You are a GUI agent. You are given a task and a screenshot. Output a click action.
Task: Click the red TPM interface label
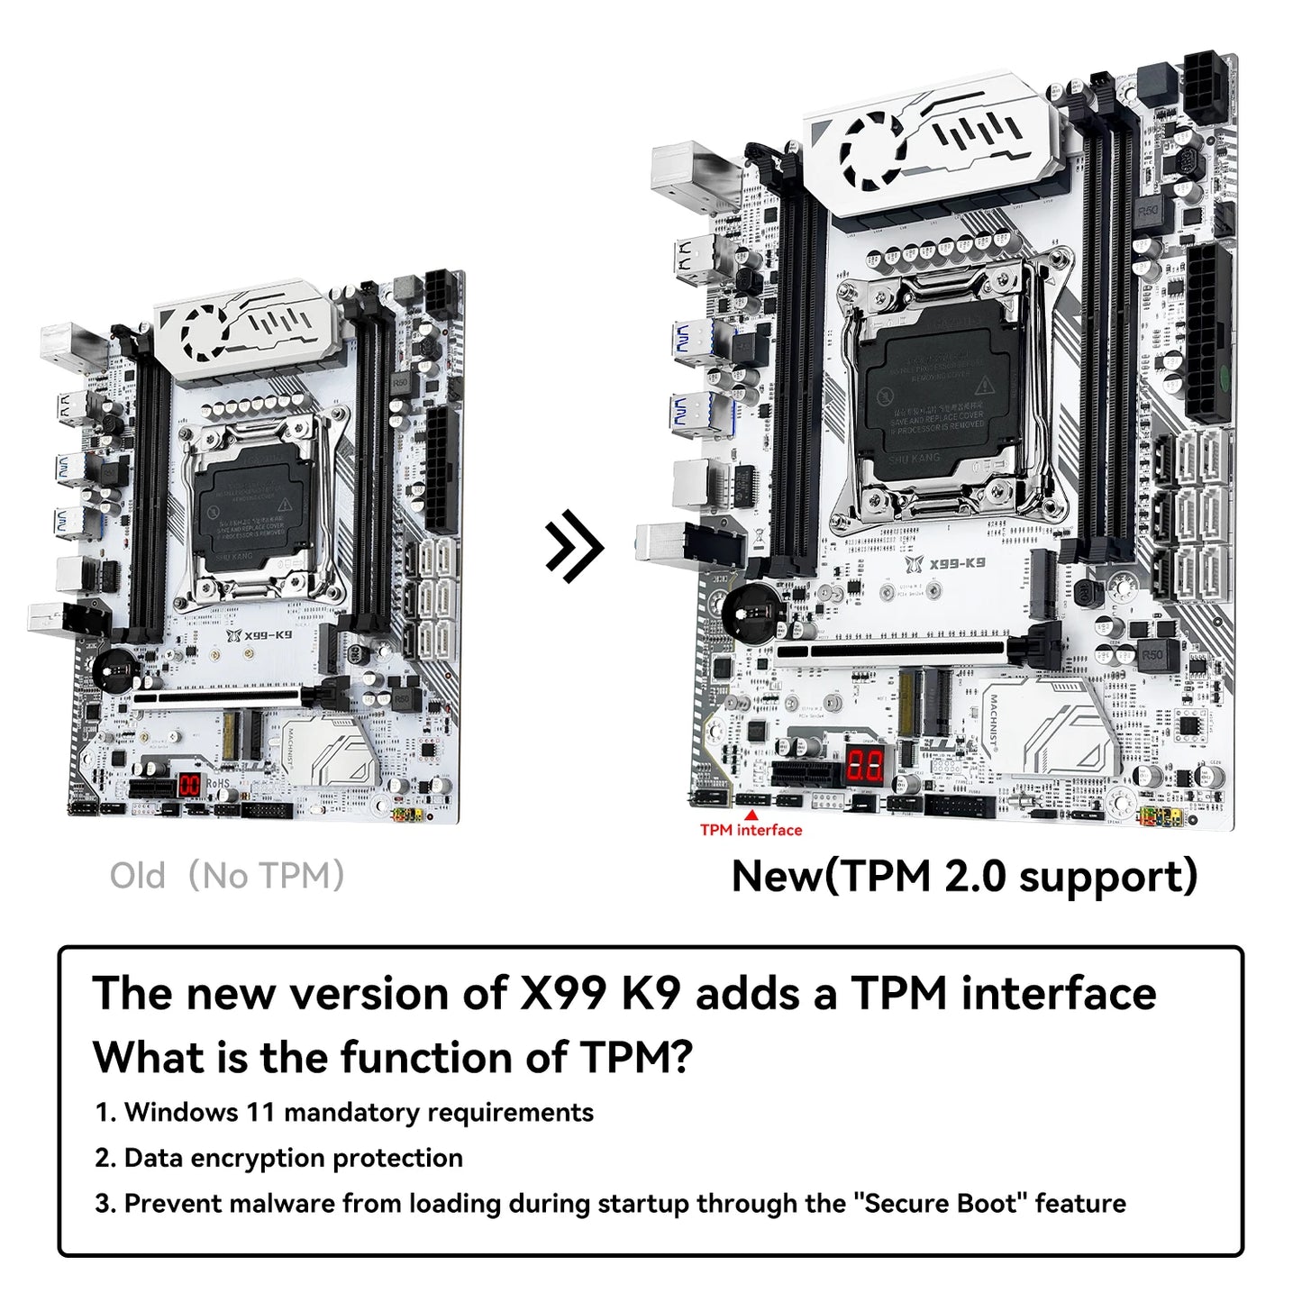tap(751, 830)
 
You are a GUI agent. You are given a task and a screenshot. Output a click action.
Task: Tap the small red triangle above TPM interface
tap(751, 815)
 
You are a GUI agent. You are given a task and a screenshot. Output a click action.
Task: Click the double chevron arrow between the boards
tap(574, 545)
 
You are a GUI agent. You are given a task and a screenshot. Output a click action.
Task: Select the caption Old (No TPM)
tap(227, 876)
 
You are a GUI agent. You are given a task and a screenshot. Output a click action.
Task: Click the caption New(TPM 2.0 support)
tap(964, 876)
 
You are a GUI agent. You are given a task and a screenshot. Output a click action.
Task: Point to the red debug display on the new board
tap(865, 766)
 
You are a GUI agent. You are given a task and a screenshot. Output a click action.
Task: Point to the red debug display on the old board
tap(189, 785)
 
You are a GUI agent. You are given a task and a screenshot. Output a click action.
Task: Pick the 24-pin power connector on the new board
tap(1210, 333)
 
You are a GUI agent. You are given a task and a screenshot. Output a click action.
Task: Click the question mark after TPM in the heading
tap(682, 1057)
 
